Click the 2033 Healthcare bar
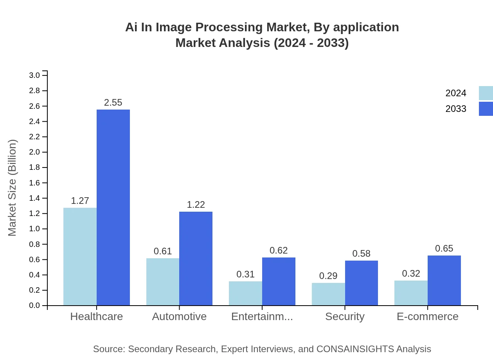pos(113,207)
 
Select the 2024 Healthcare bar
pos(80,256)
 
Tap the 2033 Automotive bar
pos(196,258)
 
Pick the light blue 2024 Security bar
pos(328,294)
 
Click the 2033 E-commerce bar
pos(444,280)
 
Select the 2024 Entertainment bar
pos(245,293)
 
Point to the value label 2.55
pos(113,103)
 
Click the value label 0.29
pos(328,276)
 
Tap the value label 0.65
pos(444,248)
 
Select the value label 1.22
pos(196,205)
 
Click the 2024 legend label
pos(456,93)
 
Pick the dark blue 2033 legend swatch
pos(486,109)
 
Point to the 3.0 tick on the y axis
pos(35,75)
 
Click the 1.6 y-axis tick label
pos(35,183)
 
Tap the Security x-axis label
pos(345,317)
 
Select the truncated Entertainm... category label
pos(262,317)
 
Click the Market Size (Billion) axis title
pos(13,188)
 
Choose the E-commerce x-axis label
pos(427,317)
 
